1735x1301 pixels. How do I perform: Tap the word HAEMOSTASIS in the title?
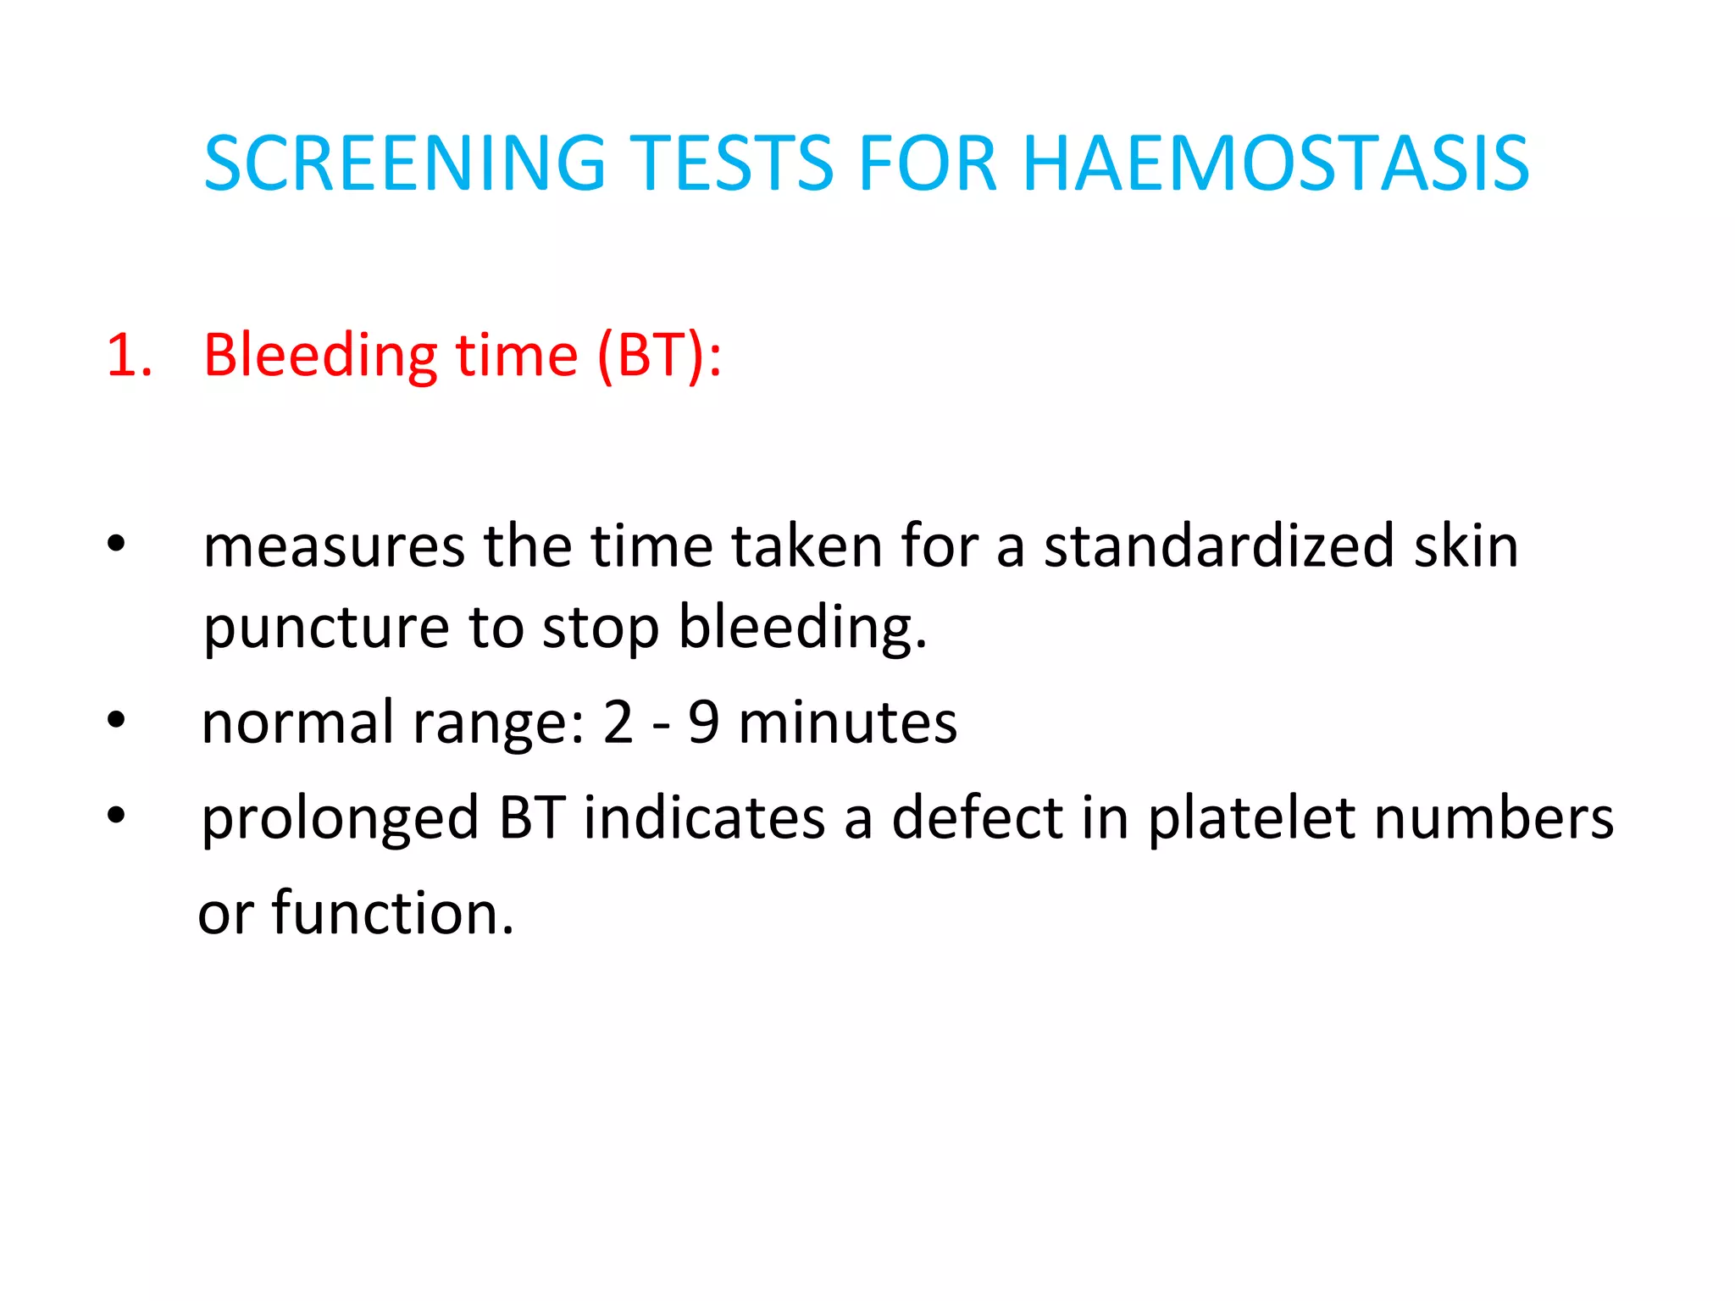1275,163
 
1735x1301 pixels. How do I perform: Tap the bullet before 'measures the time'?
116,544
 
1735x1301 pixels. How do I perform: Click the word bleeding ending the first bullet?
801,628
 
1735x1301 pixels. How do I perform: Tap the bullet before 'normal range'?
116,721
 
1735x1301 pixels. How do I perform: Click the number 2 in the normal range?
618,722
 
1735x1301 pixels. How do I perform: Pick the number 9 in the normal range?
703,722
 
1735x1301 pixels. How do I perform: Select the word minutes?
847,722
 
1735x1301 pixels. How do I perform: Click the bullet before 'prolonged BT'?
116,815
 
